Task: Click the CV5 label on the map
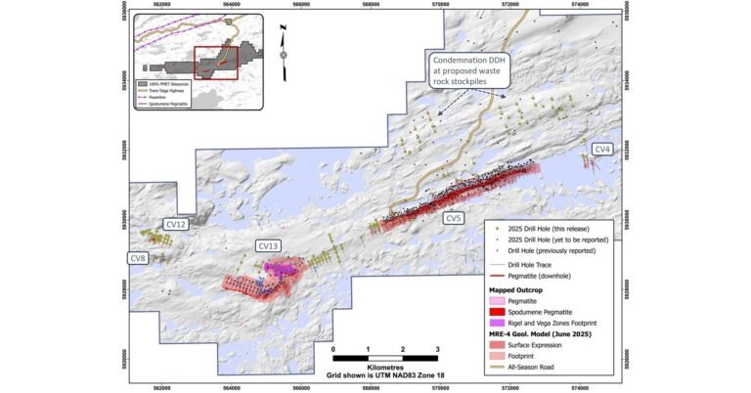453,218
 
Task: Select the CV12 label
176,225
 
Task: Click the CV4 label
602,150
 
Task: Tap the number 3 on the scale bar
437,349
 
